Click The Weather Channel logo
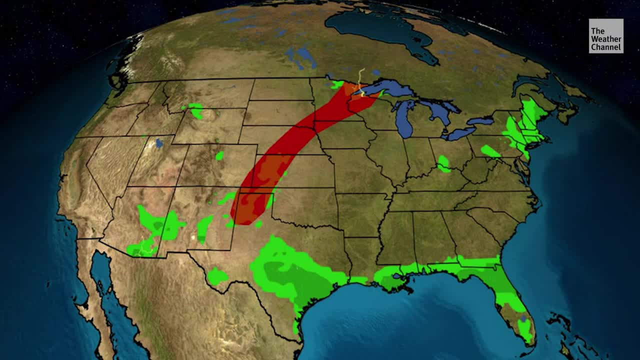click(605, 36)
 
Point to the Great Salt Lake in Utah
click(159, 143)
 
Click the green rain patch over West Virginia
click(490, 150)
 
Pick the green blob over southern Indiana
click(443, 163)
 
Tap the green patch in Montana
click(196, 110)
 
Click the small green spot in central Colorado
click(219, 155)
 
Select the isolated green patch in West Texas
click(217, 275)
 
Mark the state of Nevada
click(107, 165)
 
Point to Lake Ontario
click(480, 121)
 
